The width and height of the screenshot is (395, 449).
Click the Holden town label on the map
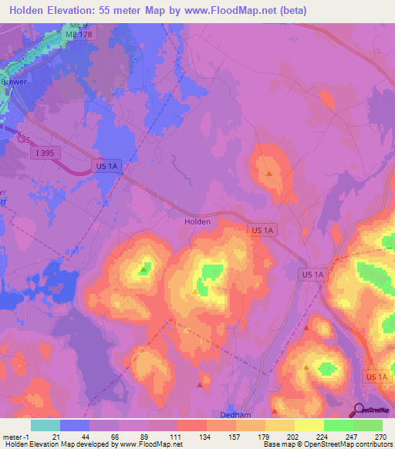point(197,221)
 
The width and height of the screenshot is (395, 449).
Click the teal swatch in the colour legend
point(45,424)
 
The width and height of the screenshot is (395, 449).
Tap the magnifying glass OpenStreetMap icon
point(358,410)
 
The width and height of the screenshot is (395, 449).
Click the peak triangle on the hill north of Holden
point(268,174)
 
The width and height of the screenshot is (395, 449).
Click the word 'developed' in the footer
point(95,444)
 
